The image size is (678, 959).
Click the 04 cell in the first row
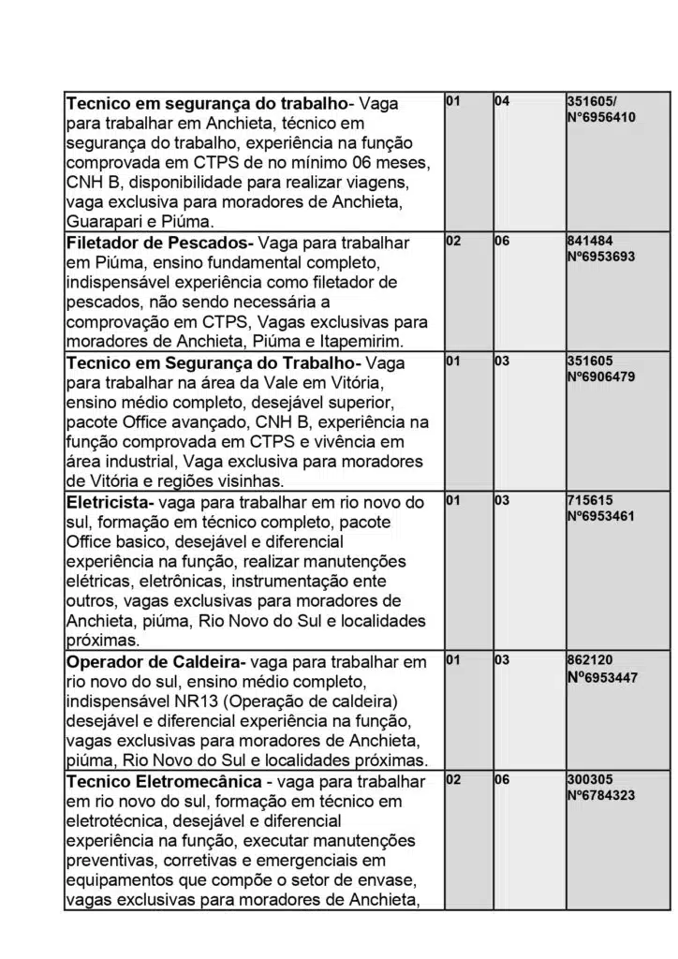[502, 101]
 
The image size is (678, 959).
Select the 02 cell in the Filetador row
[453, 241]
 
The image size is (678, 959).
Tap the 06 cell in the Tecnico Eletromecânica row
[502, 779]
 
